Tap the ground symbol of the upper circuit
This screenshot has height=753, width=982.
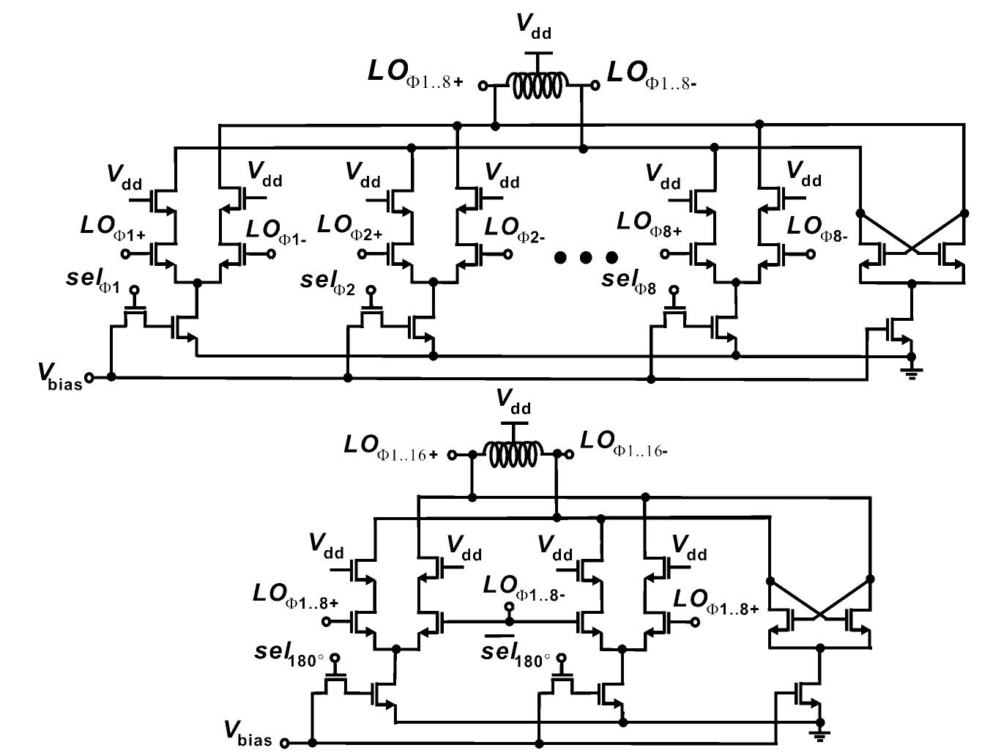pyautogui.click(x=912, y=372)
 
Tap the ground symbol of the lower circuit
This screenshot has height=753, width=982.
pyautogui.click(x=820, y=735)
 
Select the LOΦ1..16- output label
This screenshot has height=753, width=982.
pyautogui.click(x=623, y=444)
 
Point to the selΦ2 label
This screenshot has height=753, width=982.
pyautogui.click(x=327, y=283)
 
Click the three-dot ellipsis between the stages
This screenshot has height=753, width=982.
pyautogui.click(x=586, y=257)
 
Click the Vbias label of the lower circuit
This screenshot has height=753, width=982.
pyautogui.click(x=248, y=732)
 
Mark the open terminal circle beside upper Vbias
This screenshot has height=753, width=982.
pyautogui.click(x=89, y=378)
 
